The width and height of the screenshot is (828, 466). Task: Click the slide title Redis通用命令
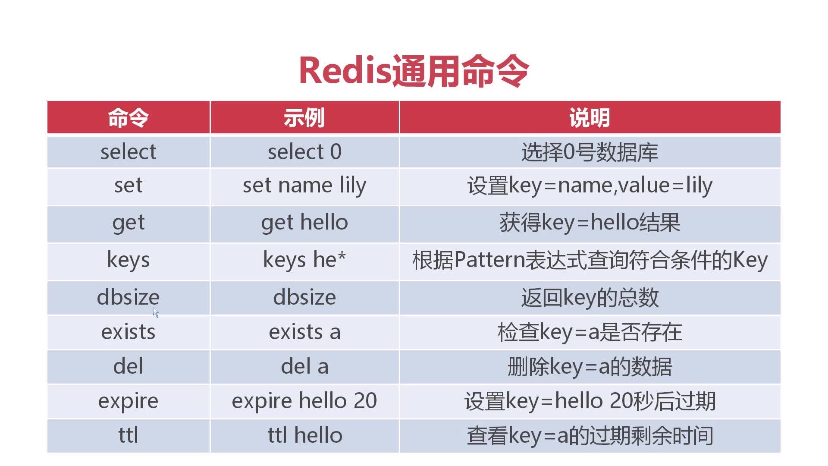point(414,71)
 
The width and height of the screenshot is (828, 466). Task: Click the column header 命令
point(129,117)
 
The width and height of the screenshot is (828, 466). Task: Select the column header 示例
point(304,117)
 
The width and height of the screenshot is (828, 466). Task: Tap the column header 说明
point(590,117)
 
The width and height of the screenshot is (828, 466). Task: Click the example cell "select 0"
point(304,152)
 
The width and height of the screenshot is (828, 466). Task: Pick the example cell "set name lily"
point(304,186)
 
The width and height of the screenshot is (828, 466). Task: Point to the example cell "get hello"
point(304,223)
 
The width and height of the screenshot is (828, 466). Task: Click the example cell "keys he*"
point(304,260)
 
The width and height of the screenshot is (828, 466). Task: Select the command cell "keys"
point(129,260)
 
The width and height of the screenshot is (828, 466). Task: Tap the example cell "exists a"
point(304,332)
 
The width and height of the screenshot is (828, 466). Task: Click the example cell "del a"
point(304,366)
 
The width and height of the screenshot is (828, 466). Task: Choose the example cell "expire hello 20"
point(304,401)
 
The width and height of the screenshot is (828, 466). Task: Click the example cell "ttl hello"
point(304,435)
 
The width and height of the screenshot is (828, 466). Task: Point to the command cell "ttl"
point(129,435)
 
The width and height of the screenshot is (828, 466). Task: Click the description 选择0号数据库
point(590,152)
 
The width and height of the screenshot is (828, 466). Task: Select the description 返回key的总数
point(590,298)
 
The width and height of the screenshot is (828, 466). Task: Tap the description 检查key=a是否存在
point(590,333)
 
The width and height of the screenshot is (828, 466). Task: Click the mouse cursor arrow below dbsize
point(156,312)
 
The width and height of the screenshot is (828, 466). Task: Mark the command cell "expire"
point(129,401)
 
